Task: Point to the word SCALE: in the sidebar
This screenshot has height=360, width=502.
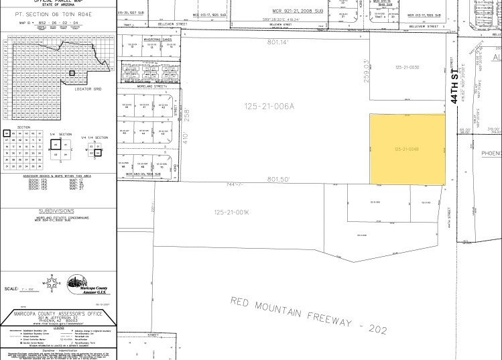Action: pos(11,289)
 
